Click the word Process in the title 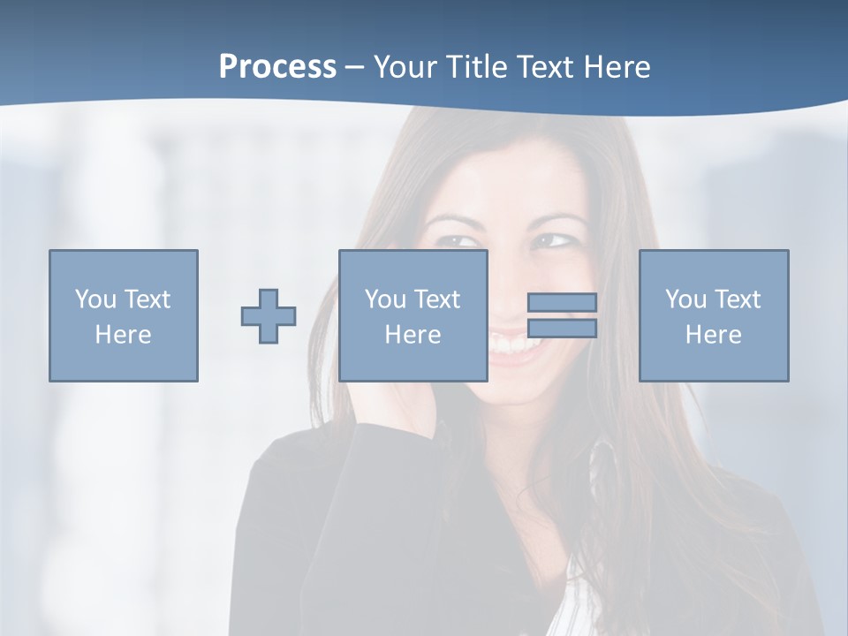click(x=277, y=67)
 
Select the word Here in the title click(x=617, y=67)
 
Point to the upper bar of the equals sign click(x=562, y=302)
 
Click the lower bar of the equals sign click(x=562, y=329)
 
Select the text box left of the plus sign click(x=124, y=315)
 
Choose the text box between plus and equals click(x=413, y=315)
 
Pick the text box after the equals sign click(x=714, y=315)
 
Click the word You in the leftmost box click(x=95, y=299)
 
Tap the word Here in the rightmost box click(x=713, y=335)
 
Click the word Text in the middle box click(x=437, y=299)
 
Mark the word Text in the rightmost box click(x=738, y=299)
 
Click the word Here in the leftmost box click(x=123, y=335)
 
